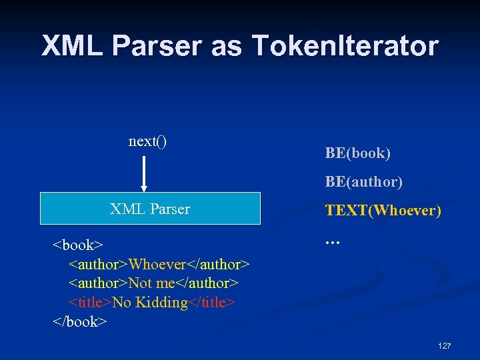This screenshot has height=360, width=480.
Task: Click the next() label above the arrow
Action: coord(147,141)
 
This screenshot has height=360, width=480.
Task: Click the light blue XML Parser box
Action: coord(150,209)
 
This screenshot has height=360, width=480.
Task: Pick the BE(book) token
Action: coord(357,153)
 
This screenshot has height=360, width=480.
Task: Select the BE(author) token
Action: coord(363,181)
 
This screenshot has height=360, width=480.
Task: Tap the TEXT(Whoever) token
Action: coord(383,211)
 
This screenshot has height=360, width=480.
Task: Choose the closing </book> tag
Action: coord(79,321)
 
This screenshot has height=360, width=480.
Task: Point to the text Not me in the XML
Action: coord(151,283)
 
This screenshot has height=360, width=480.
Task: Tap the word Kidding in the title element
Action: coord(161,303)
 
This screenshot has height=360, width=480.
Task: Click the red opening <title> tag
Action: coord(91,303)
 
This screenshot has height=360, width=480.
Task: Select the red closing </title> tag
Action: coord(211,303)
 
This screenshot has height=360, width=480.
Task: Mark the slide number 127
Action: coord(444,346)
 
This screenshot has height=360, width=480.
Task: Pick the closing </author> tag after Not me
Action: coord(207,283)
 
